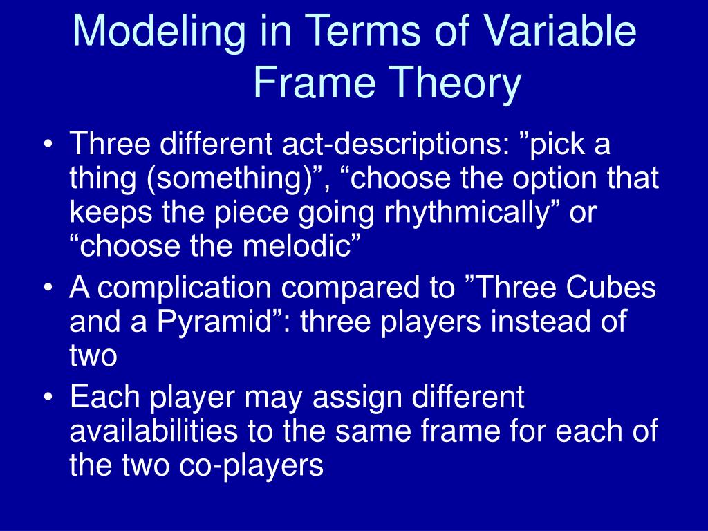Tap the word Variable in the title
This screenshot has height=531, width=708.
click(560, 30)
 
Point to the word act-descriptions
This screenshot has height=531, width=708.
click(395, 143)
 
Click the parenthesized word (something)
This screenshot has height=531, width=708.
click(232, 179)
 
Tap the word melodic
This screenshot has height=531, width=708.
click(296, 245)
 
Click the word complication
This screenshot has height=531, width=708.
click(184, 288)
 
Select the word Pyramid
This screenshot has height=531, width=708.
click(213, 322)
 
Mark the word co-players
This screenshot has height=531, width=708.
click(251, 466)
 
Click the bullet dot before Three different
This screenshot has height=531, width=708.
click(48, 145)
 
